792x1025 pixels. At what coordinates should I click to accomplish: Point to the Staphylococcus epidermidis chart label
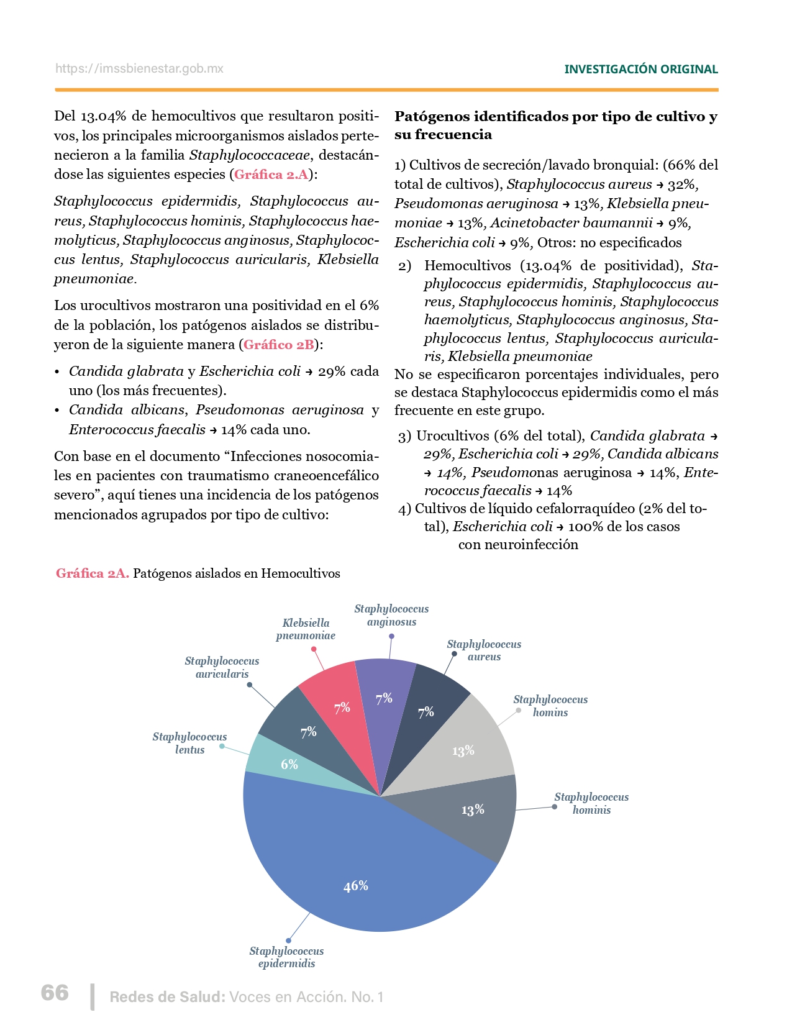pyautogui.click(x=286, y=957)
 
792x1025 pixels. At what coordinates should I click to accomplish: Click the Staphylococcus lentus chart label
pyautogui.click(x=189, y=743)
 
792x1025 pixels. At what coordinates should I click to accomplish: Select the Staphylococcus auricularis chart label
pyautogui.click(x=222, y=667)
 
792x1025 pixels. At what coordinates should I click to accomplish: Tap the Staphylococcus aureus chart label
pyautogui.click(x=484, y=650)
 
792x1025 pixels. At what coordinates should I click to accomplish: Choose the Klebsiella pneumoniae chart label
pyautogui.click(x=306, y=629)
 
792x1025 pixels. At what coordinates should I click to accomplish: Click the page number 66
pyautogui.click(x=55, y=993)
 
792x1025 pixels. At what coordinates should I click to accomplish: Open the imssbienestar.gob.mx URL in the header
pyautogui.click(x=139, y=69)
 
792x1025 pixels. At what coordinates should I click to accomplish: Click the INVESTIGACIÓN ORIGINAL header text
pyautogui.click(x=640, y=70)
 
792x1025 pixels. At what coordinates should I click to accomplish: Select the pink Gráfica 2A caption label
pyautogui.click(x=93, y=573)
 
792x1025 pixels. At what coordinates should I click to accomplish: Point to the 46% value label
pyautogui.click(x=356, y=886)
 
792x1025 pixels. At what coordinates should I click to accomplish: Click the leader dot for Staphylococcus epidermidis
pyautogui.click(x=288, y=941)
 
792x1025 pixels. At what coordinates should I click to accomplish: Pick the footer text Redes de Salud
pyautogui.click(x=167, y=997)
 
